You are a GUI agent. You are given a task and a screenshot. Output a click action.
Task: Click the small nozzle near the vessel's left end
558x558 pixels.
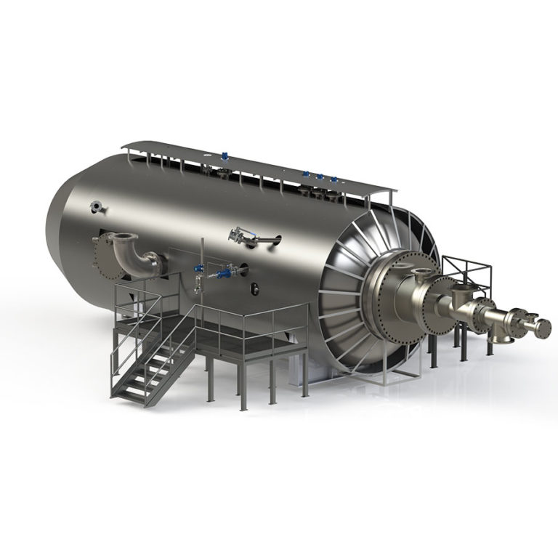pos(96,208)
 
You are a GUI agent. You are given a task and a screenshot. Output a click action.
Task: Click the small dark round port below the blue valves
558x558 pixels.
pos(255,290)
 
